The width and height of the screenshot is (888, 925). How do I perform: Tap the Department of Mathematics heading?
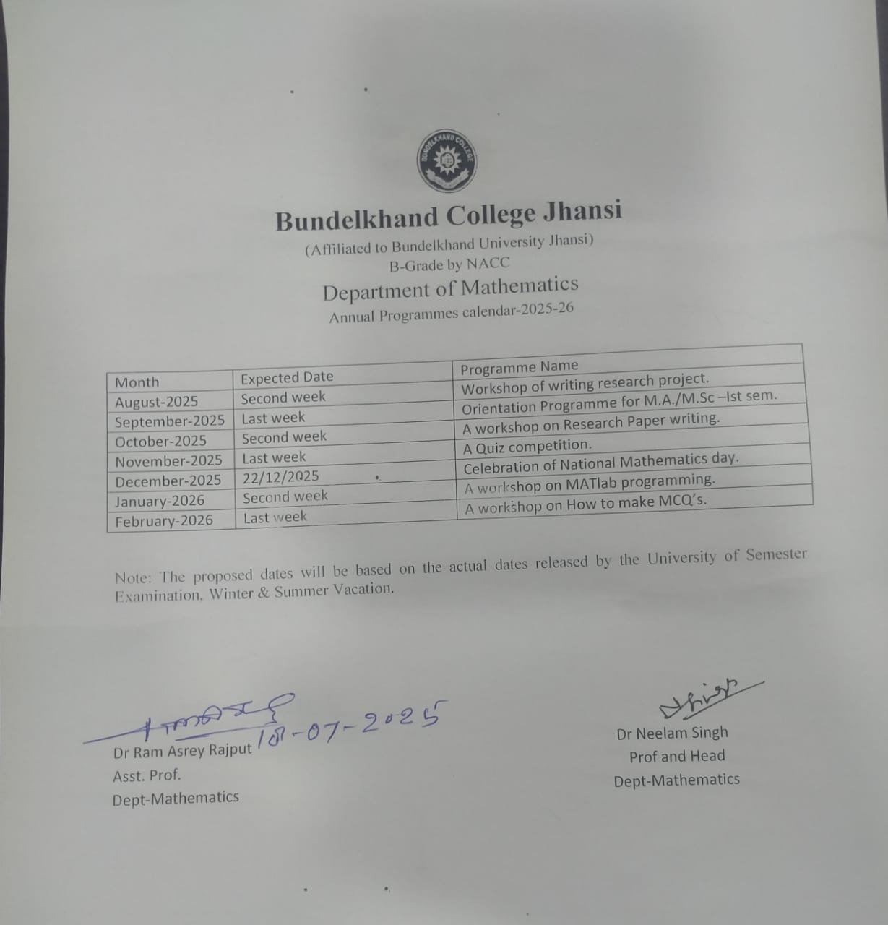[x=450, y=288]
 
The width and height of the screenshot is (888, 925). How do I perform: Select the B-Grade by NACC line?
[x=449, y=264]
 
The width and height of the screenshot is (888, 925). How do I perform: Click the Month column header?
[x=137, y=382]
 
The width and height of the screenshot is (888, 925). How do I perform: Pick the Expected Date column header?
[x=287, y=377]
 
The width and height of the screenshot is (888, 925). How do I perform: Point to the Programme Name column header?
[x=520, y=368]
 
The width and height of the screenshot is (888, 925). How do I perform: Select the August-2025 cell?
[x=156, y=402]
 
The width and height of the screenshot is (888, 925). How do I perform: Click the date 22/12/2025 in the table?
[x=281, y=477]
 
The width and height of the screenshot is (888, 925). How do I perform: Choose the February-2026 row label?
[x=164, y=520]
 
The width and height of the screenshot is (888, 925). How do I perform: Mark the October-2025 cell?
[x=160, y=441]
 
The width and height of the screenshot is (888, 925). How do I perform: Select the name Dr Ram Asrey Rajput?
[x=182, y=752]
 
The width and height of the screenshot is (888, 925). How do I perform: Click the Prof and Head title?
[x=677, y=757]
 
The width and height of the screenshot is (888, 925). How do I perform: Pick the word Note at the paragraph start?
[x=133, y=578]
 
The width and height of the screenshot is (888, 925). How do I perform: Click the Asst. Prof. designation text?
[x=147, y=775]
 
